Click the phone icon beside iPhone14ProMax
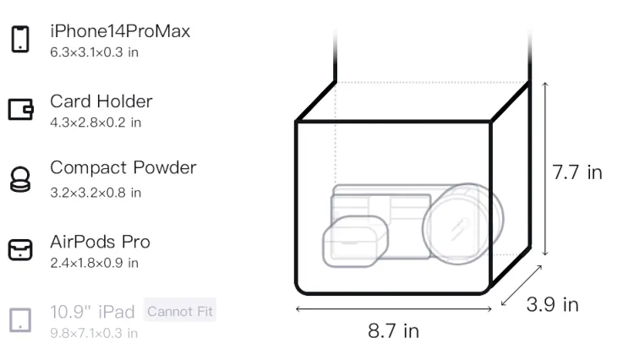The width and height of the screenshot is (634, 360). click(20, 39)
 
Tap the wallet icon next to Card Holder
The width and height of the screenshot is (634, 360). click(20, 110)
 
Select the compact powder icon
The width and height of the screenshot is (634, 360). click(20, 179)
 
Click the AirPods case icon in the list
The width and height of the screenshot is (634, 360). click(20, 249)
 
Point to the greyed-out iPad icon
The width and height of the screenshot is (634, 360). click(20, 320)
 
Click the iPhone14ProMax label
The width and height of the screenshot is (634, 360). click(120, 31)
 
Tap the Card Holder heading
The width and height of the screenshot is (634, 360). click(101, 101)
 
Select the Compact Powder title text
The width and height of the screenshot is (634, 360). click(123, 168)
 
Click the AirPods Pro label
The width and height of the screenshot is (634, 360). click(101, 242)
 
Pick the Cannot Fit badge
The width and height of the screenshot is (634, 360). click(180, 311)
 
